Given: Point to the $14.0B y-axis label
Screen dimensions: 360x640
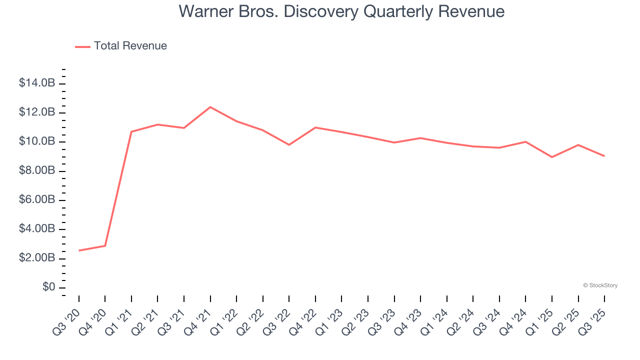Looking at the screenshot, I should [37, 83].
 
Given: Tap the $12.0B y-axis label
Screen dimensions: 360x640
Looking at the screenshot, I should [37, 112].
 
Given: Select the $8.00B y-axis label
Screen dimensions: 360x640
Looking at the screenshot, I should [37, 170].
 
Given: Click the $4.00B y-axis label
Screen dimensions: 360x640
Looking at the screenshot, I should [37, 229].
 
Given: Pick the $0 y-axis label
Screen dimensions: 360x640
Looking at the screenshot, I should [48, 287].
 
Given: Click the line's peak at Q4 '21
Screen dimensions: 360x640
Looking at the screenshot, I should [210, 107].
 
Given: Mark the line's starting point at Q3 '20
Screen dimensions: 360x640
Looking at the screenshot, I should [79, 250].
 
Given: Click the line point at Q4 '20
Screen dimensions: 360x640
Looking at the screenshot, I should [105, 245].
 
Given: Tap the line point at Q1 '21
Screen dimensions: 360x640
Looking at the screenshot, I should [131, 131].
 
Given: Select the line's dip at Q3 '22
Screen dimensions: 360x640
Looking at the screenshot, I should [289, 145].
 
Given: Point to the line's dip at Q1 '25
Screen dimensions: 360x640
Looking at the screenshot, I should [552, 157].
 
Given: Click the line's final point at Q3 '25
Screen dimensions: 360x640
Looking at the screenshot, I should [604, 156].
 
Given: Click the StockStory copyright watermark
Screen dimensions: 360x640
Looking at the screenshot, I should [600, 285].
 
